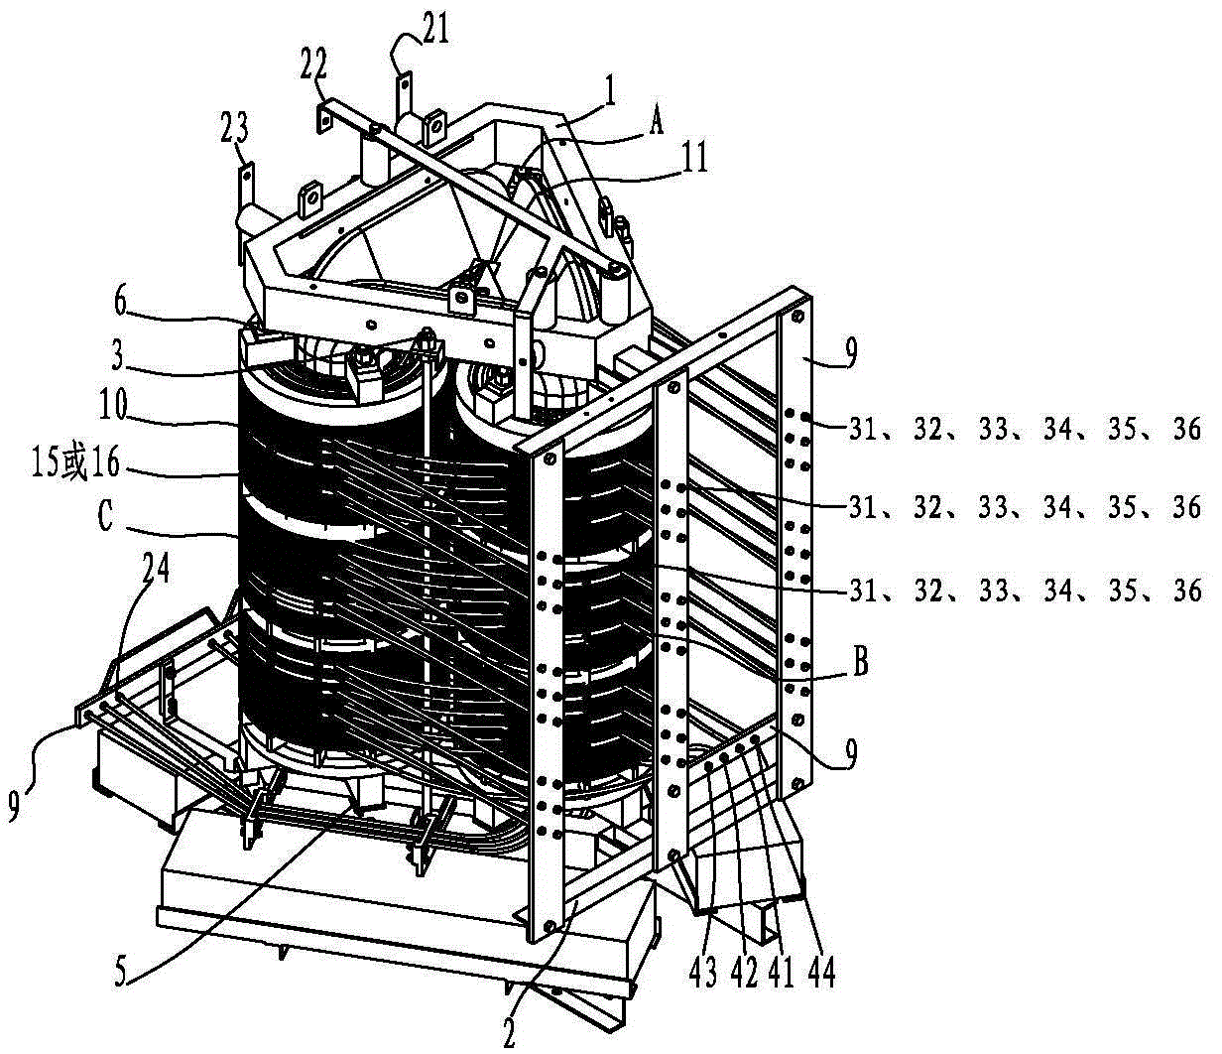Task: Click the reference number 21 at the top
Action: click(x=435, y=30)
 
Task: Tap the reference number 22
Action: click(x=313, y=68)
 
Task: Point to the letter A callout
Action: click(x=657, y=124)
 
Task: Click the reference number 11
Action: click(x=692, y=159)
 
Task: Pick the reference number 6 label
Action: click(x=120, y=303)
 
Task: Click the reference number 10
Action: click(x=113, y=408)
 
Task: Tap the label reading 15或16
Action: click(x=76, y=464)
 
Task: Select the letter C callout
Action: click(x=104, y=517)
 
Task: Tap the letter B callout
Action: click(x=861, y=662)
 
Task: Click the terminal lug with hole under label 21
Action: click(x=404, y=88)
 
